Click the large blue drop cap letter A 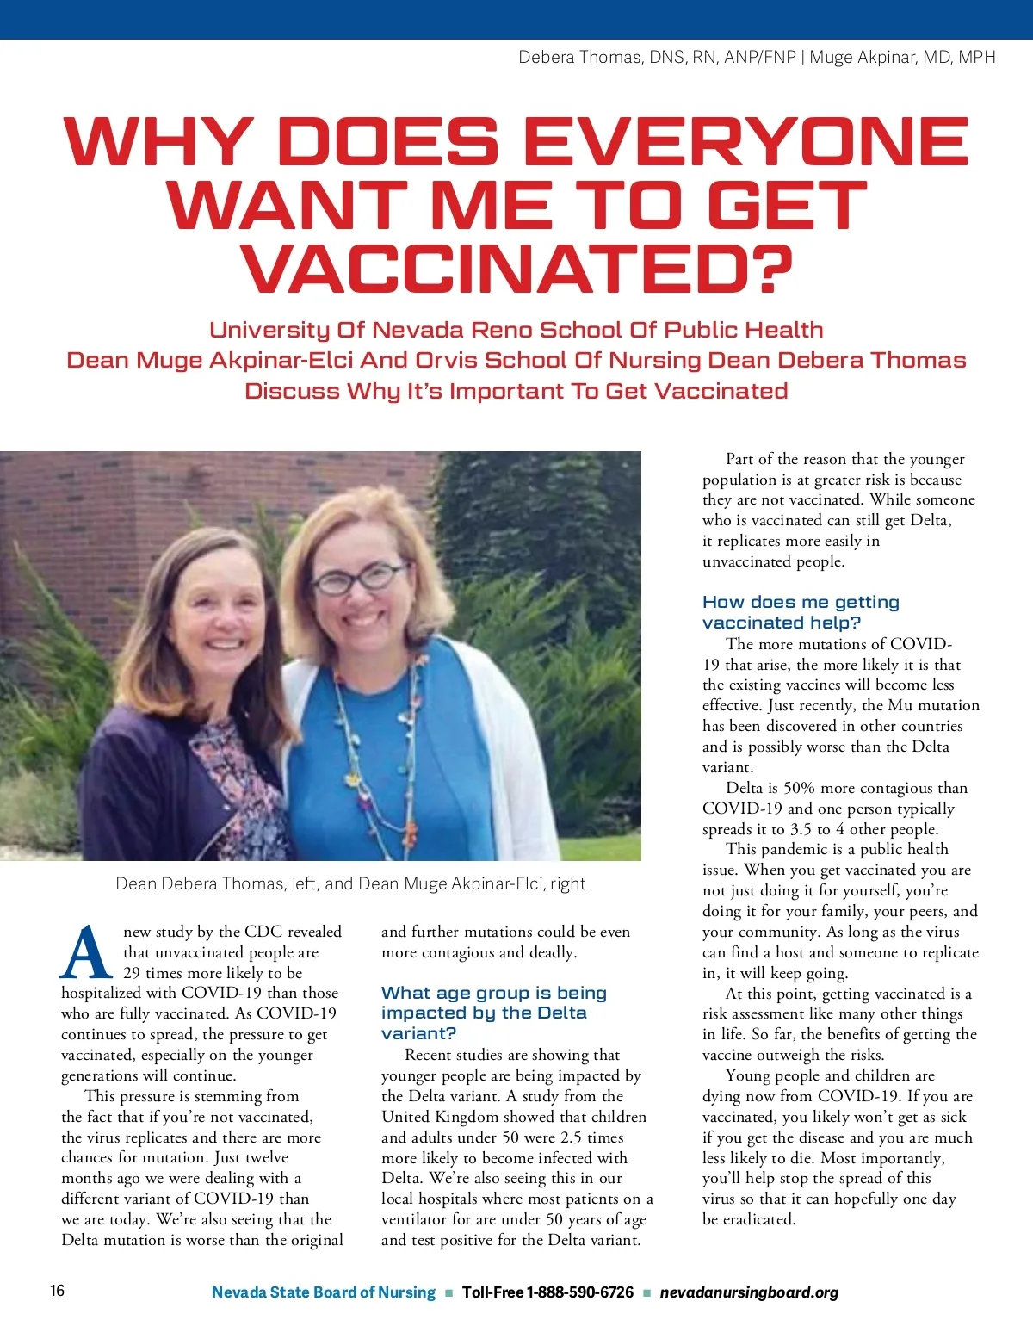pyautogui.click(x=86, y=953)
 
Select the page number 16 pyautogui.click(x=57, y=1290)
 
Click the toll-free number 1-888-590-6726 pyautogui.click(x=580, y=1292)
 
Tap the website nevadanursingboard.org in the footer pyautogui.click(x=749, y=1292)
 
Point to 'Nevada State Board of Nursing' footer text pyautogui.click(x=324, y=1292)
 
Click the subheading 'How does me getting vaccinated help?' pyautogui.click(x=801, y=612)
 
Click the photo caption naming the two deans pyautogui.click(x=350, y=884)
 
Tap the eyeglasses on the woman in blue pyautogui.click(x=359, y=579)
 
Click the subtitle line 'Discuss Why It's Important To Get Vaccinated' pyautogui.click(x=516, y=391)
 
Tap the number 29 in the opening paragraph pyautogui.click(x=132, y=973)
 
